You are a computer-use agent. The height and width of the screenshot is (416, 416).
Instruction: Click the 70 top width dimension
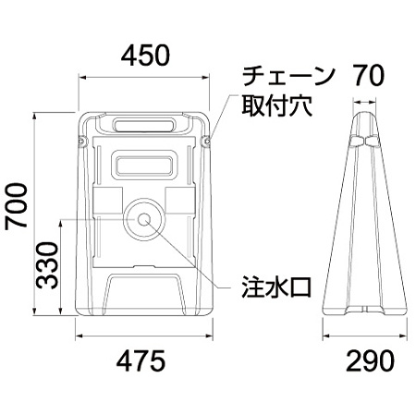tap(366, 75)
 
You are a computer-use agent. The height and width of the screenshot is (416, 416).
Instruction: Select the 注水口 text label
tap(273, 283)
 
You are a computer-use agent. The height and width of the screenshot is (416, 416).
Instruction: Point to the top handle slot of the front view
tap(145, 124)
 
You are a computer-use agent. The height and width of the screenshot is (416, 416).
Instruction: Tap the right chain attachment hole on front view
tap(206, 142)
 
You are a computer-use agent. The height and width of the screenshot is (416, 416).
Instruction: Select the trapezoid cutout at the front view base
tap(145, 294)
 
